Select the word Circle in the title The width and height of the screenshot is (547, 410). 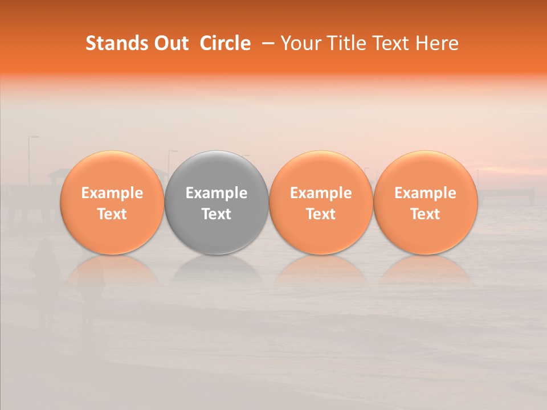click(x=225, y=43)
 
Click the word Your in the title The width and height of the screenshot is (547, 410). click(x=299, y=43)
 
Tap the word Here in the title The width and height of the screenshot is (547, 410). click(x=438, y=43)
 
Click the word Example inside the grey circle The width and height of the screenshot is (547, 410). click(x=217, y=193)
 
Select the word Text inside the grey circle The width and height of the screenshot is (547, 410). click(x=217, y=214)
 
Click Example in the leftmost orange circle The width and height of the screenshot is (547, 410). click(x=112, y=193)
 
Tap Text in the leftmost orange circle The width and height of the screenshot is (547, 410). click(x=112, y=214)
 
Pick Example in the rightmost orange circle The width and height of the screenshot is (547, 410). click(x=426, y=193)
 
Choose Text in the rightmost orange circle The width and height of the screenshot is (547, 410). click(x=426, y=214)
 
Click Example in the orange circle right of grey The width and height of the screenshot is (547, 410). click(x=321, y=193)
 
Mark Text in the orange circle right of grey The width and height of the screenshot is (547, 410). click(x=321, y=214)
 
